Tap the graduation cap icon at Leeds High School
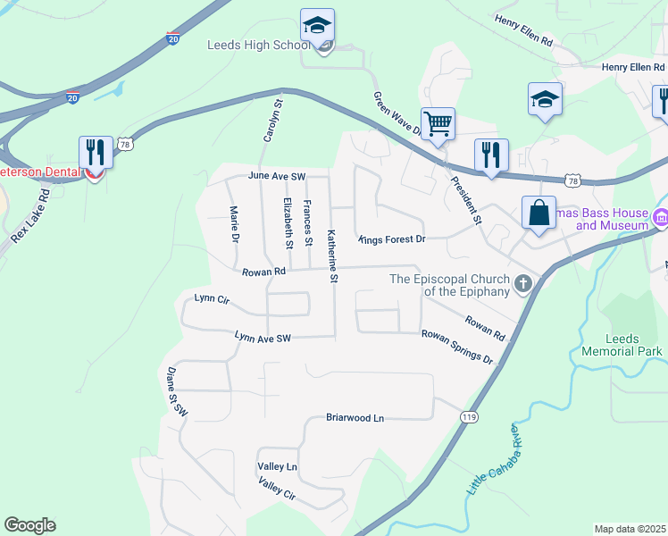click(316, 27)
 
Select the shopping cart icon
click(438, 123)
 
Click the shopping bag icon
click(539, 213)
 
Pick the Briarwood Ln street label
click(354, 418)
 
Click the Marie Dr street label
click(234, 224)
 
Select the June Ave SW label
click(277, 176)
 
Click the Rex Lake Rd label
click(30, 215)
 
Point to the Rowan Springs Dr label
click(457, 346)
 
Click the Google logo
click(29, 525)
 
